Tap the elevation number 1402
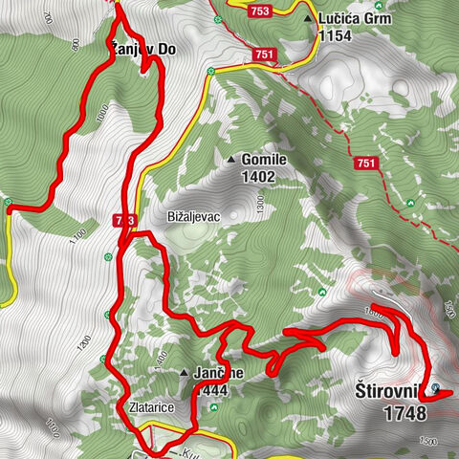[x=259, y=177]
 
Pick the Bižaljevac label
[x=193, y=216]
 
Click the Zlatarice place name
[x=150, y=407]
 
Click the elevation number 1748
[x=403, y=414]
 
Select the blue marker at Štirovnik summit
[x=437, y=389]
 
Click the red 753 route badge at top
[x=258, y=11]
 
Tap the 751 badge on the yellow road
[x=266, y=55]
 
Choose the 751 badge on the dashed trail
[x=365, y=164]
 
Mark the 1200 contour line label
[x=85, y=341]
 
